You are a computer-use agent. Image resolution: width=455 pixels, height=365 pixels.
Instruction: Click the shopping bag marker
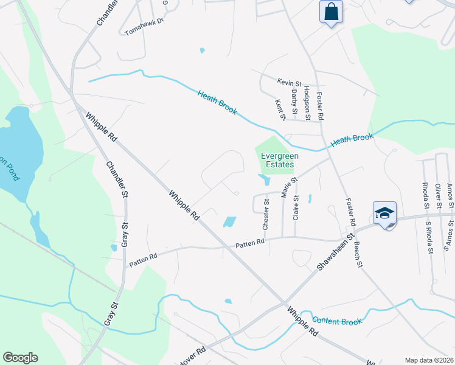(331, 12)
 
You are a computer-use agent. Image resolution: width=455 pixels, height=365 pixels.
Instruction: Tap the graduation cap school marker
(384, 214)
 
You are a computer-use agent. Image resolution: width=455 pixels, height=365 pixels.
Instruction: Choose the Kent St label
(280, 109)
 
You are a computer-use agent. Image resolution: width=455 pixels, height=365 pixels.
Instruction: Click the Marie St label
(288, 186)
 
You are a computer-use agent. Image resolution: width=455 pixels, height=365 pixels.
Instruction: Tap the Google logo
(20, 358)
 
